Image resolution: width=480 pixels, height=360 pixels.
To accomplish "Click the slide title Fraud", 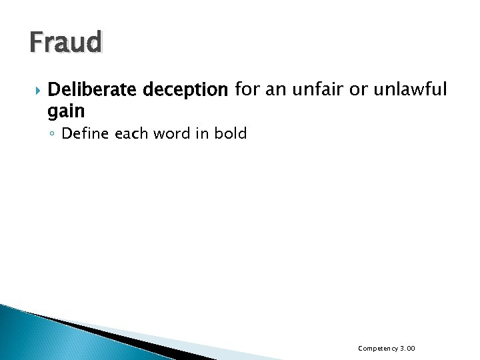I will tap(65, 43).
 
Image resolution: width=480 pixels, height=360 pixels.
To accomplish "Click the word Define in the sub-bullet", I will tap(85, 133).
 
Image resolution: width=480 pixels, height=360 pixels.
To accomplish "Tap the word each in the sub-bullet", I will tap(129, 133).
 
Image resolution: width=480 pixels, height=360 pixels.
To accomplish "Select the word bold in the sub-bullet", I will tap(231, 133).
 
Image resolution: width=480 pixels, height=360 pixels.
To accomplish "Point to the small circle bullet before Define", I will tap(53, 134).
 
